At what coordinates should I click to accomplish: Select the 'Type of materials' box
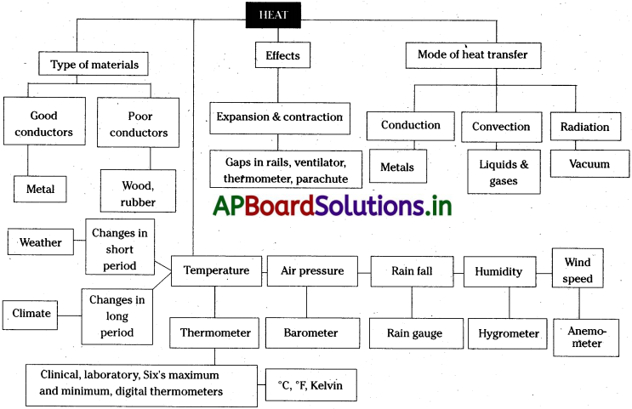click(x=94, y=64)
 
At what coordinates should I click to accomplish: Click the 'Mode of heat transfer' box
click(x=472, y=55)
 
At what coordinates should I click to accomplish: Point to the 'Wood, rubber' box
click(x=139, y=190)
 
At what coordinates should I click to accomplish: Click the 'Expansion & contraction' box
click(x=279, y=117)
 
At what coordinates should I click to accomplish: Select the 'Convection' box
click(x=502, y=127)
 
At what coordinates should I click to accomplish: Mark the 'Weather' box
click(x=40, y=242)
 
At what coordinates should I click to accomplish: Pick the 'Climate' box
click(x=31, y=314)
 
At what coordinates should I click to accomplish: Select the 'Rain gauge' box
click(x=414, y=333)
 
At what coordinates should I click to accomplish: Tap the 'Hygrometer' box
click(x=508, y=333)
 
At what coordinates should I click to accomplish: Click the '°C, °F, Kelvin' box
click(x=310, y=385)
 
